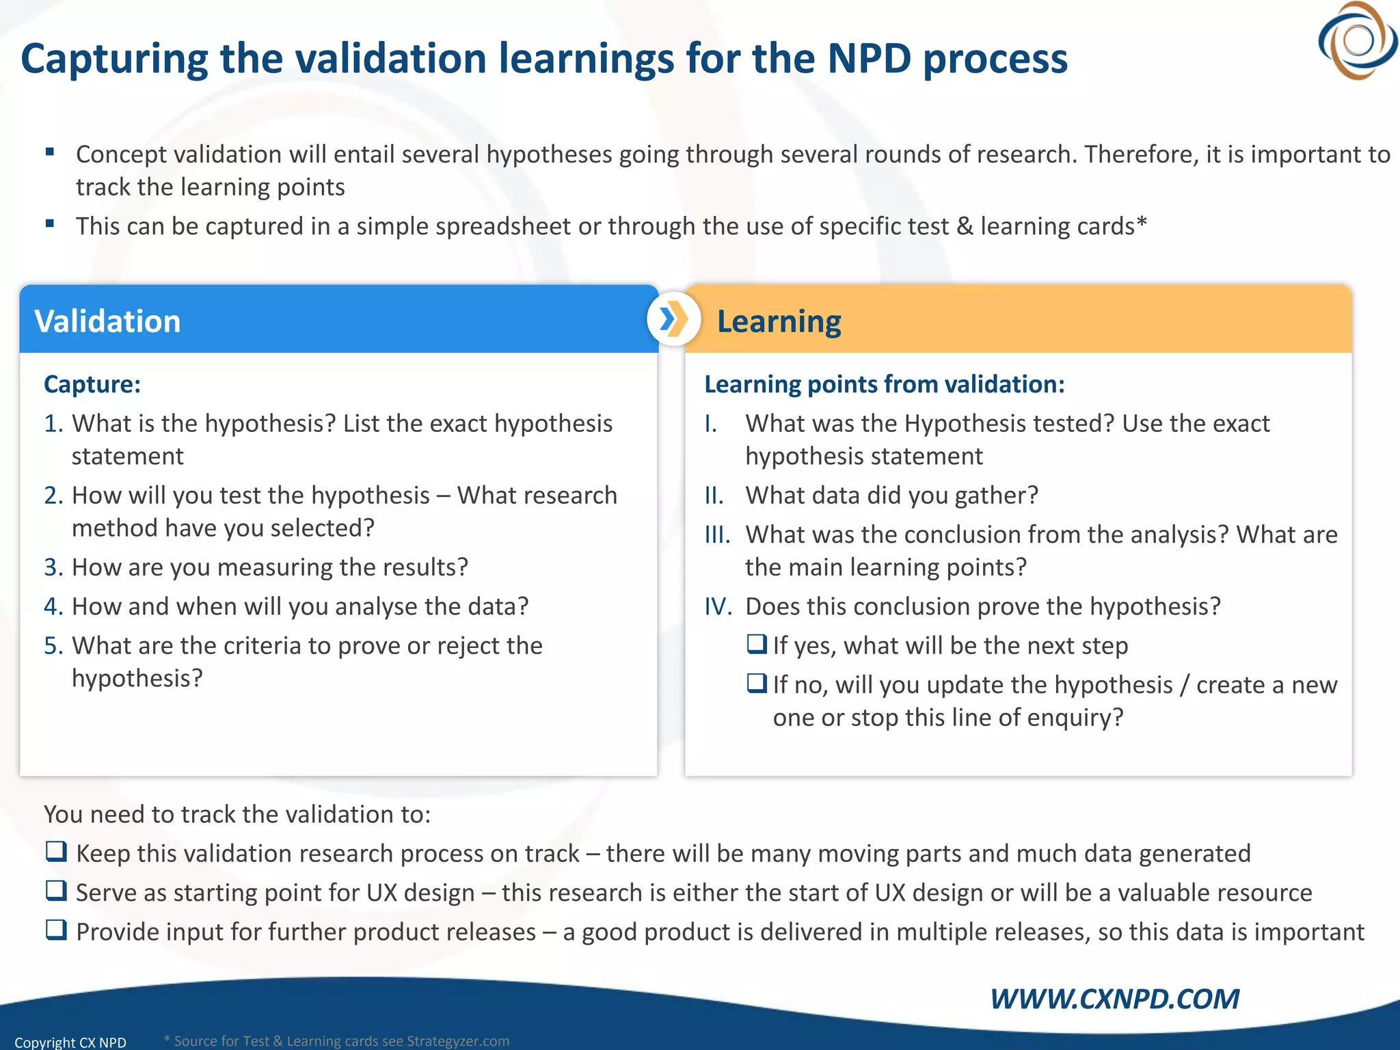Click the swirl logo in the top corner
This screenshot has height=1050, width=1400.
click(x=1358, y=41)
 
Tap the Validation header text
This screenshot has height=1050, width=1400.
click(x=107, y=321)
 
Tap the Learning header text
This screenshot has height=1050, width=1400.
click(x=779, y=321)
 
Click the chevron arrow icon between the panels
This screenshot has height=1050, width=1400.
click(x=673, y=319)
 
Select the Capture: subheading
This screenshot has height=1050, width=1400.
click(x=92, y=384)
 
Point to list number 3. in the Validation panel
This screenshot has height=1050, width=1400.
click(x=53, y=567)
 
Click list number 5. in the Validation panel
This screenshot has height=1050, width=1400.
click(x=53, y=646)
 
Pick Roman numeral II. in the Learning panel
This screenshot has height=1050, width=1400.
click(x=714, y=496)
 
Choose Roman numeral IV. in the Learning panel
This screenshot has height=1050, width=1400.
click(x=718, y=607)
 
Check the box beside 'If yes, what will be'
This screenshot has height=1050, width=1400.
click(x=757, y=644)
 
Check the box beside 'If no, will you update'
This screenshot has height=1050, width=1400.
click(x=757, y=684)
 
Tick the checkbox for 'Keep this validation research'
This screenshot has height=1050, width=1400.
click(x=56, y=852)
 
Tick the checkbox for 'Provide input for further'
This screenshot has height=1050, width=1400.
click(x=56, y=930)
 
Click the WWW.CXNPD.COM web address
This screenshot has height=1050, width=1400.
click(x=1114, y=999)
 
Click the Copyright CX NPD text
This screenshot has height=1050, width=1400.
click(x=70, y=1042)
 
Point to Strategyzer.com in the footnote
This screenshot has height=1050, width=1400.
click(x=458, y=1041)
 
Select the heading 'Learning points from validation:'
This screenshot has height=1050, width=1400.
click(x=884, y=384)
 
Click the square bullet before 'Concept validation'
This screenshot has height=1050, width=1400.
click(x=49, y=152)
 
